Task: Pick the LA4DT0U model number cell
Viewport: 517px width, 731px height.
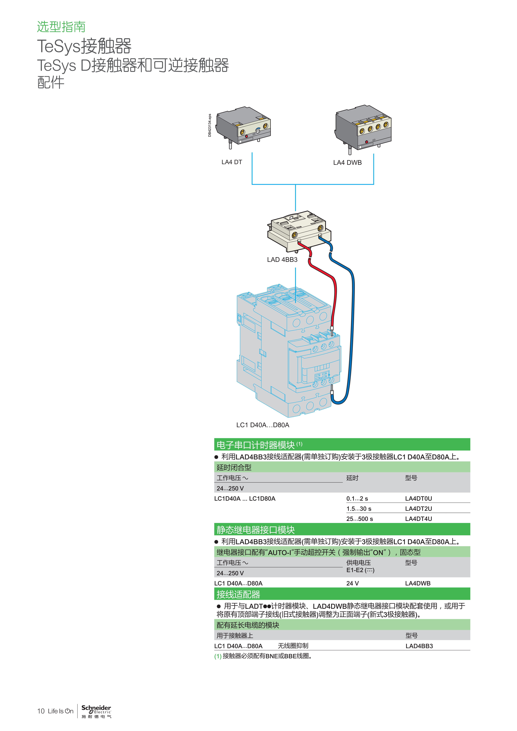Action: point(419,499)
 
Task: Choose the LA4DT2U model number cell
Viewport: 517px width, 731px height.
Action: point(419,509)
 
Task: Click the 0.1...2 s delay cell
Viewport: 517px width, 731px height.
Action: point(357,499)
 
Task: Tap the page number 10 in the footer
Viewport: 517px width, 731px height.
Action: point(41,711)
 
